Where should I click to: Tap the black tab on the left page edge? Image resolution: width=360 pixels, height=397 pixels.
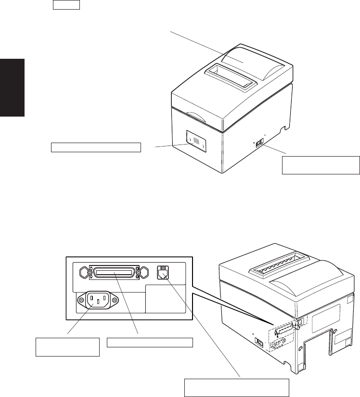click(12, 87)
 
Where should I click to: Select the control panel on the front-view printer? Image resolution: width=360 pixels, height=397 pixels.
click(196, 143)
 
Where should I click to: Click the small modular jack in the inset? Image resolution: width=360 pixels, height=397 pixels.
click(162, 273)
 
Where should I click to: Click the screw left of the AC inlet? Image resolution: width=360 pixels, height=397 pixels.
click(79, 301)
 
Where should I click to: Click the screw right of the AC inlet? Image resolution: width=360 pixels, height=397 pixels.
click(114, 301)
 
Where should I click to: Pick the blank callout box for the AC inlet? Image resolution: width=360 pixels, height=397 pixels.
click(67, 346)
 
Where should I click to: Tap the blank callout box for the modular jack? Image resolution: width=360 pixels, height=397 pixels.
click(237, 387)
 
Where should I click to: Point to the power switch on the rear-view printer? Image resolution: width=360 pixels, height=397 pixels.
click(259, 342)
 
